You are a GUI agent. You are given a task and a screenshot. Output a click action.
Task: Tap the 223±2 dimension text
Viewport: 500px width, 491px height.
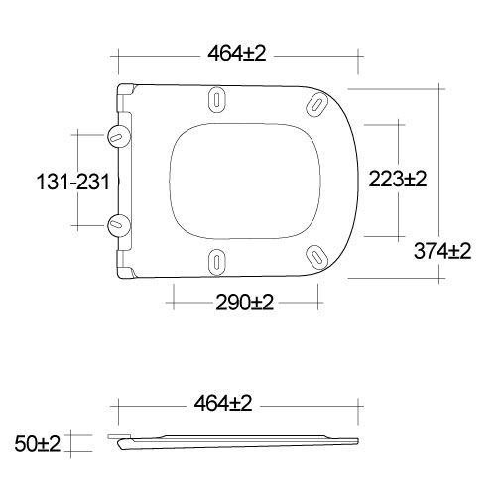pos(397,179)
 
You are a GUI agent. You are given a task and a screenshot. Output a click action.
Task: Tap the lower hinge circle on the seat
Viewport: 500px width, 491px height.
pos(117,224)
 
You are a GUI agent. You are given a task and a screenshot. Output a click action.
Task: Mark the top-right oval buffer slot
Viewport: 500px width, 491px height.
pos(316,104)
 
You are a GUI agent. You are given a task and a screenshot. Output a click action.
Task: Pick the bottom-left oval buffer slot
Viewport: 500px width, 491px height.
pos(217,260)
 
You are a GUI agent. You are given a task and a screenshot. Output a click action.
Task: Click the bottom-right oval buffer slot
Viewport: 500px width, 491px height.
pos(316,257)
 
